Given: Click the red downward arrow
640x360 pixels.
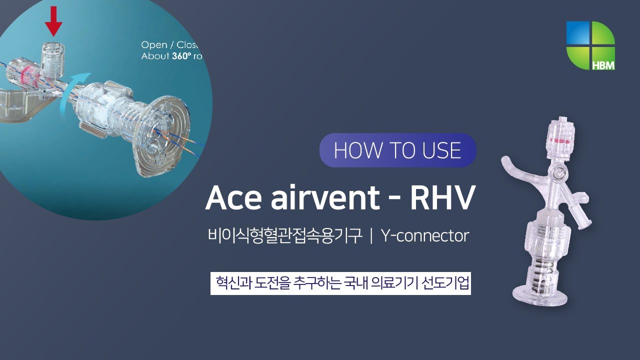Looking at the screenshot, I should (x=53, y=19).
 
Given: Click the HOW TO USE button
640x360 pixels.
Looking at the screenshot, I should (x=397, y=150).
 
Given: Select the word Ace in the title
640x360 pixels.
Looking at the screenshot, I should (x=233, y=198).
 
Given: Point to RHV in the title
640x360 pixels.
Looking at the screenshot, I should (x=441, y=198).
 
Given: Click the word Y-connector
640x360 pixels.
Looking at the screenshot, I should (x=425, y=235).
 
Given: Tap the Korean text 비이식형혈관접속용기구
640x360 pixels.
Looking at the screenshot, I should (x=284, y=235).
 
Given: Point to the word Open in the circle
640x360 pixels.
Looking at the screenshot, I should (x=154, y=45).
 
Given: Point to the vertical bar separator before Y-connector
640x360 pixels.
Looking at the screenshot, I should (x=371, y=236).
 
